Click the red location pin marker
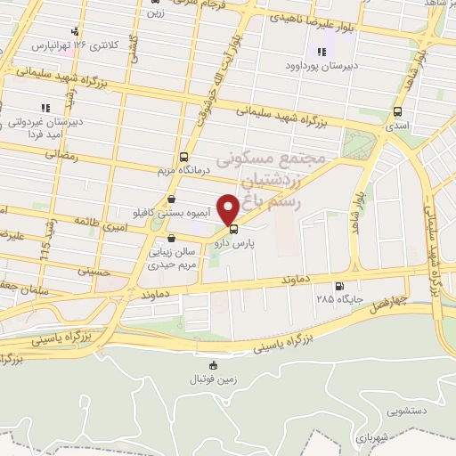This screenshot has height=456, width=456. tap(229, 208)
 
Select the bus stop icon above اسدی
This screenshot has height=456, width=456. tap(397, 112)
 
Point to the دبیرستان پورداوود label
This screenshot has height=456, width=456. tap(320, 66)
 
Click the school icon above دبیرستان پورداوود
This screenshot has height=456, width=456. tap(320, 52)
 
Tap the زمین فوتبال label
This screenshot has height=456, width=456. tap(212, 379)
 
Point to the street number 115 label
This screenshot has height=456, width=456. tap(45, 241)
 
